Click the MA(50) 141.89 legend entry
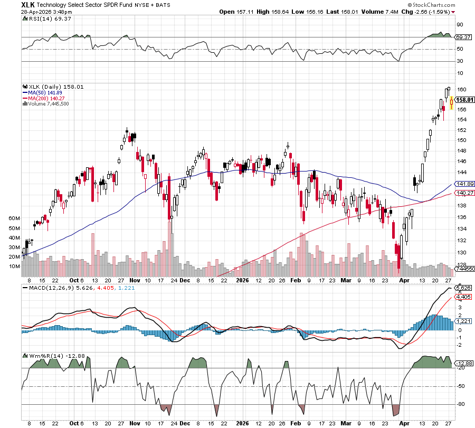(49, 92)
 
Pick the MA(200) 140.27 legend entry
(50, 98)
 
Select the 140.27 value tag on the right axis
(463, 193)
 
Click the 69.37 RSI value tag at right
(463, 37)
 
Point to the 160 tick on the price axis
(461, 89)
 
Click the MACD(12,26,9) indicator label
(48, 288)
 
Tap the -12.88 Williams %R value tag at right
(463, 363)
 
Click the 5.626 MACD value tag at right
(463, 288)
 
